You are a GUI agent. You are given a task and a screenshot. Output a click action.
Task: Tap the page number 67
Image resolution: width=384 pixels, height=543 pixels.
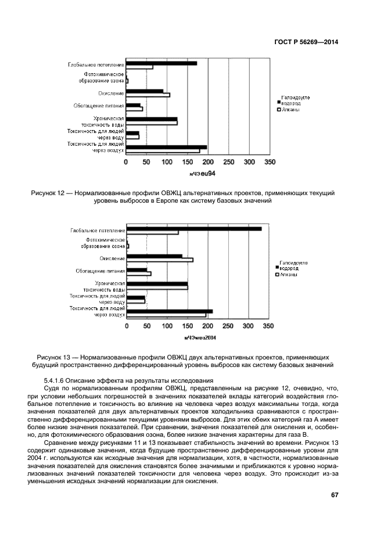coord(334,495)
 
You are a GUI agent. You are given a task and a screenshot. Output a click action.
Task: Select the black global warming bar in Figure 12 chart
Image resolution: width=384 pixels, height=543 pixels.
coord(162,63)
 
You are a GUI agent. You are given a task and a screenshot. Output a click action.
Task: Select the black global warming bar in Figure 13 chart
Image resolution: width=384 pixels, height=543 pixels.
coord(193,229)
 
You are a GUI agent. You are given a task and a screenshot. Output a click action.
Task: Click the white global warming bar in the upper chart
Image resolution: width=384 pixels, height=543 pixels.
coord(139,67)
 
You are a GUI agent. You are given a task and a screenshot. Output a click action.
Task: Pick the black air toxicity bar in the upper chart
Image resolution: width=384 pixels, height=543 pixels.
coord(166,147)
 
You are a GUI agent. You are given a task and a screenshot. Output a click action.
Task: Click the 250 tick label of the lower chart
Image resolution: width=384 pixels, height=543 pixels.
coord(228,326)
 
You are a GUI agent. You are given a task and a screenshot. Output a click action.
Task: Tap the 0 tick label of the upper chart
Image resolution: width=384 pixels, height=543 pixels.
coord(126,163)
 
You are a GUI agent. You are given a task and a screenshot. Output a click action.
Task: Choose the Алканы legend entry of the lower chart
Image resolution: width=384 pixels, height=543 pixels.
coord(289,274)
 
